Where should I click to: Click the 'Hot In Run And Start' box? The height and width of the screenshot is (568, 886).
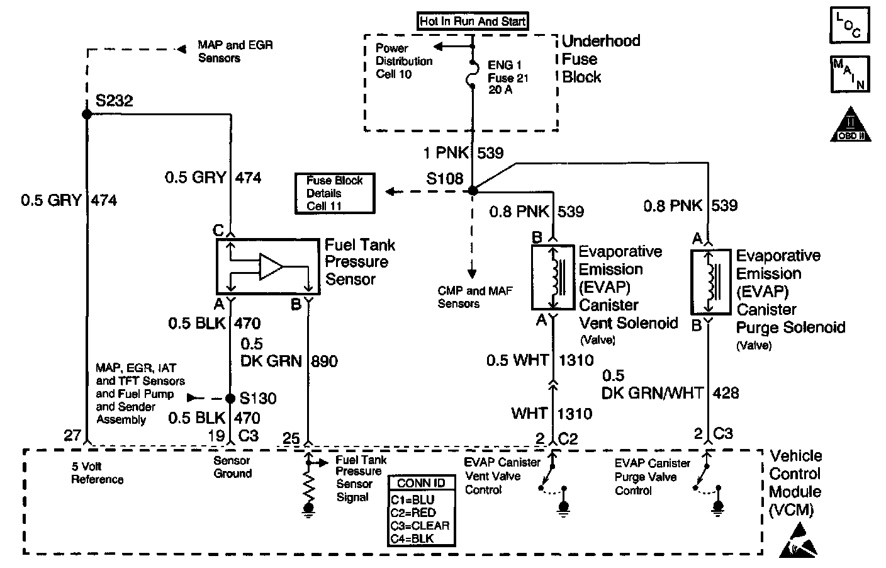tap(473, 21)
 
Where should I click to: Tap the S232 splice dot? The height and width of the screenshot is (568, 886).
tap(87, 114)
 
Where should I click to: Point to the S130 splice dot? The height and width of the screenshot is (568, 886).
tap(230, 398)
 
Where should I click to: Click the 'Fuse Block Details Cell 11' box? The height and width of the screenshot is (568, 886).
tap(335, 193)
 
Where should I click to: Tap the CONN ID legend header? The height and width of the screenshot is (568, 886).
tap(422, 483)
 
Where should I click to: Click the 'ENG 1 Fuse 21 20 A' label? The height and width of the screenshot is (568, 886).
tap(508, 77)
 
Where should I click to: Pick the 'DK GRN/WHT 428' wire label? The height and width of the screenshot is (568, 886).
tap(670, 392)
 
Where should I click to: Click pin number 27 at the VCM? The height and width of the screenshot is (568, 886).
tap(72, 435)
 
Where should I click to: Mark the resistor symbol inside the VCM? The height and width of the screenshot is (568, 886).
tap(308, 484)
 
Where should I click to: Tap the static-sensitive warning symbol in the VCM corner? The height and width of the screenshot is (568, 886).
tap(800, 541)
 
